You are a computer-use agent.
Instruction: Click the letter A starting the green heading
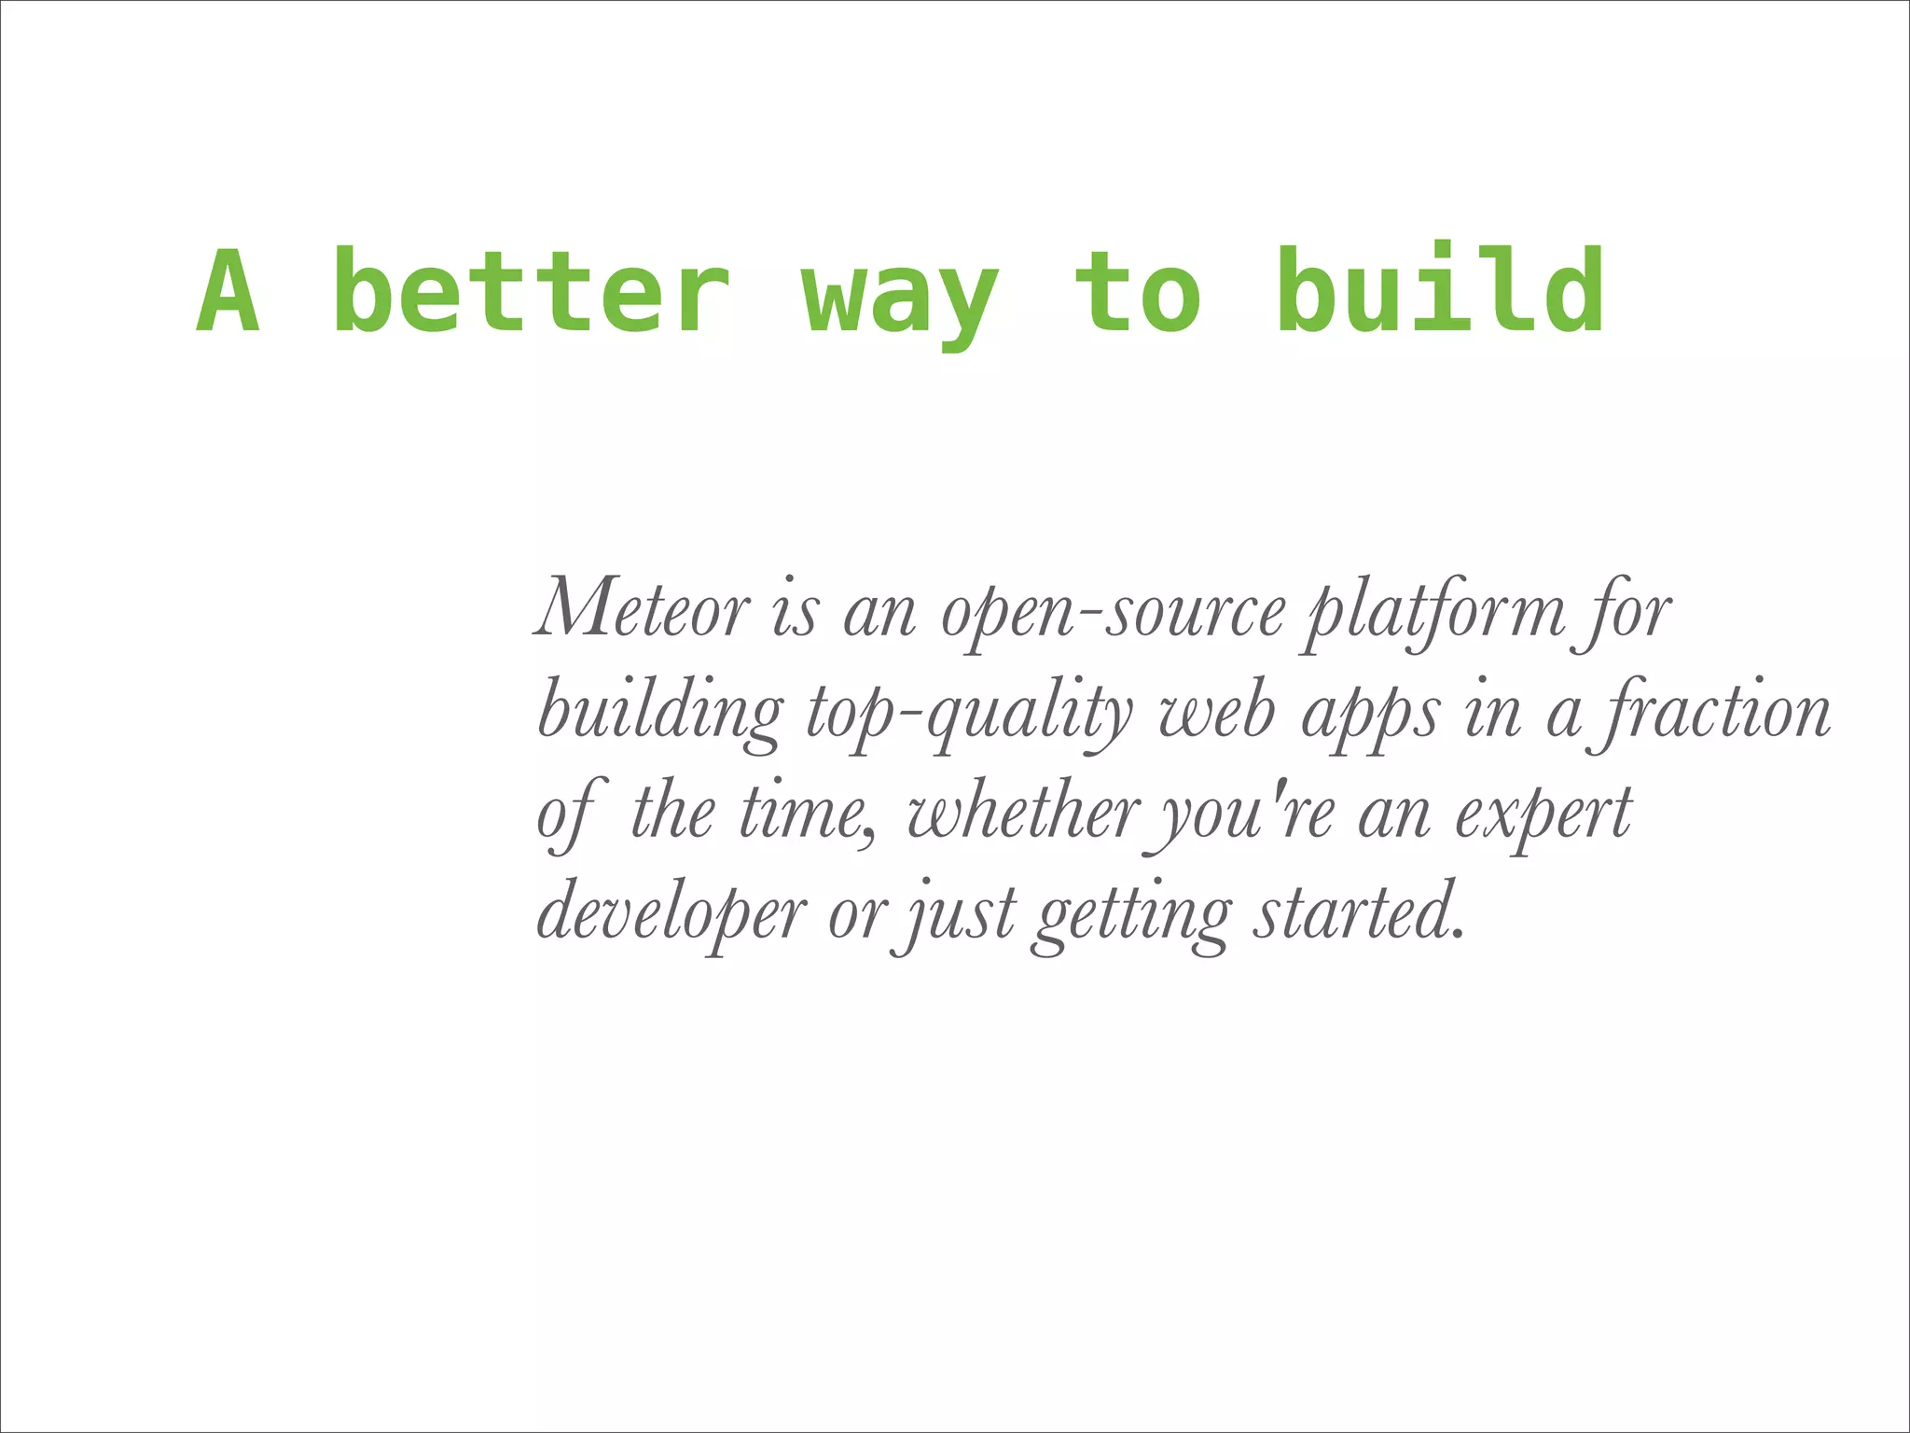(228, 291)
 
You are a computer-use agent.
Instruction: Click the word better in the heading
(532, 291)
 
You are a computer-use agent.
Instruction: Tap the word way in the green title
(901, 297)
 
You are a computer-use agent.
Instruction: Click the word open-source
(1113, 614)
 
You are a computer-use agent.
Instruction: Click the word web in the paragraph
(1217, 713)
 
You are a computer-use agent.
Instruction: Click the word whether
(1023, 814)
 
